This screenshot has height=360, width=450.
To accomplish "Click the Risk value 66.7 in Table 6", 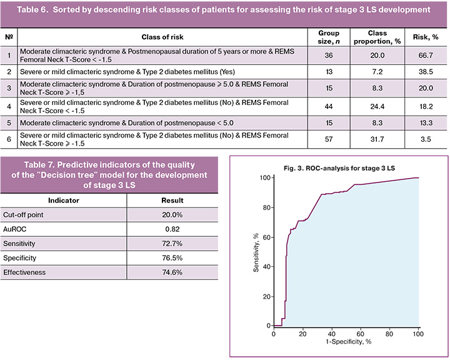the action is [x=426, y=56].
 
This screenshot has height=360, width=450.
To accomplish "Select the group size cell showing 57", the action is [x=329, y=139].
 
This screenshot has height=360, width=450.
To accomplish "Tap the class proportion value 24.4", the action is [x=377, y=106].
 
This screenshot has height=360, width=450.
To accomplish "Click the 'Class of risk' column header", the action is [x=162, y=37].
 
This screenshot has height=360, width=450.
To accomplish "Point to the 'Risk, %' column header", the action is [x=426, y=37].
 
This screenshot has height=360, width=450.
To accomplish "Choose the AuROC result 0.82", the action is [x=172, y=229].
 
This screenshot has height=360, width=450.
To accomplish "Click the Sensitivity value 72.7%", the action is [x=172, y=244].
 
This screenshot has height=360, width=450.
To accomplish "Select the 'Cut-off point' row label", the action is [x=23, y=215].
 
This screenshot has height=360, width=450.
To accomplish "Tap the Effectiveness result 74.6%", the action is [x=172, y=272].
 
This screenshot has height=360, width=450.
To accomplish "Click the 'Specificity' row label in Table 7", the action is [x=19, y=257].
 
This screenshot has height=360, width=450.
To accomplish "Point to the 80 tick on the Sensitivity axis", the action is [x=266, y=207].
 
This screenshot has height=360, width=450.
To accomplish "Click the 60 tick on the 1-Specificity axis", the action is [x=360, y=334].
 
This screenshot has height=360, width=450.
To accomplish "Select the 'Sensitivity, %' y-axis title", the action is [x=256, y=252].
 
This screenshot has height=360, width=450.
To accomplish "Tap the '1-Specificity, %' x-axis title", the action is [x=348, y=342].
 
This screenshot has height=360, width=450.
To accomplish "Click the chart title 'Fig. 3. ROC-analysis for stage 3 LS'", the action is [x=339, y=168].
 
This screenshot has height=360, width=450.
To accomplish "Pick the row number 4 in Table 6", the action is [x=9, y=106].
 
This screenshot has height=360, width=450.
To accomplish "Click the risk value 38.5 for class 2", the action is [x=426, y=72].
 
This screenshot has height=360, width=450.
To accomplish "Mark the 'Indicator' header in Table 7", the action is [x=63, y=201].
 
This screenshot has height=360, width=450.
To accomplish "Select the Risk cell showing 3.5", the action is [x=426, y=139].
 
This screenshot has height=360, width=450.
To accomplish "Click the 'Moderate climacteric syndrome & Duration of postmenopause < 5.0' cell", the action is [x=126, y=123].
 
